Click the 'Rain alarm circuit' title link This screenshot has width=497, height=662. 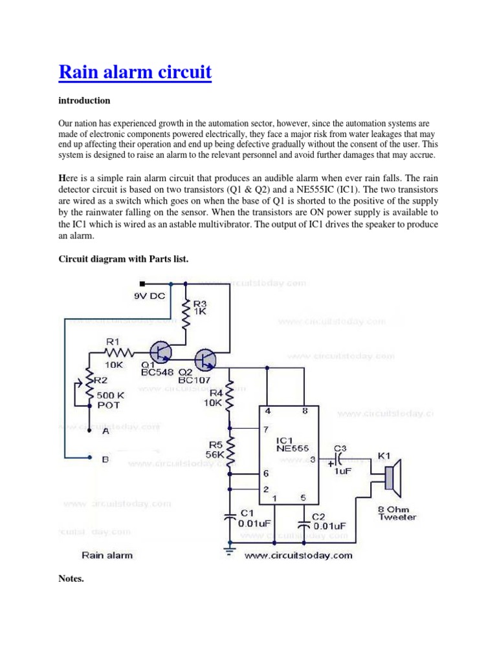tap(135, 72)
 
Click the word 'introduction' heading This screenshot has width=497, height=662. tap(84, 101)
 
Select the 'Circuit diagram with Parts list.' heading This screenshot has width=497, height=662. tap(123, 259)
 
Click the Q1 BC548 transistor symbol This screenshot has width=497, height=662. tap(160, 352)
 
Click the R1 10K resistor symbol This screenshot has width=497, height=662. tap(119, 352)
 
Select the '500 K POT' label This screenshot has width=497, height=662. tap(109, 400)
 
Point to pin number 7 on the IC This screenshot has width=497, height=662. tap(265, 429)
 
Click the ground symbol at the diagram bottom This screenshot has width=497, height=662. tap(229, 550)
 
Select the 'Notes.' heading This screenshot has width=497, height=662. tap(71, 579)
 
